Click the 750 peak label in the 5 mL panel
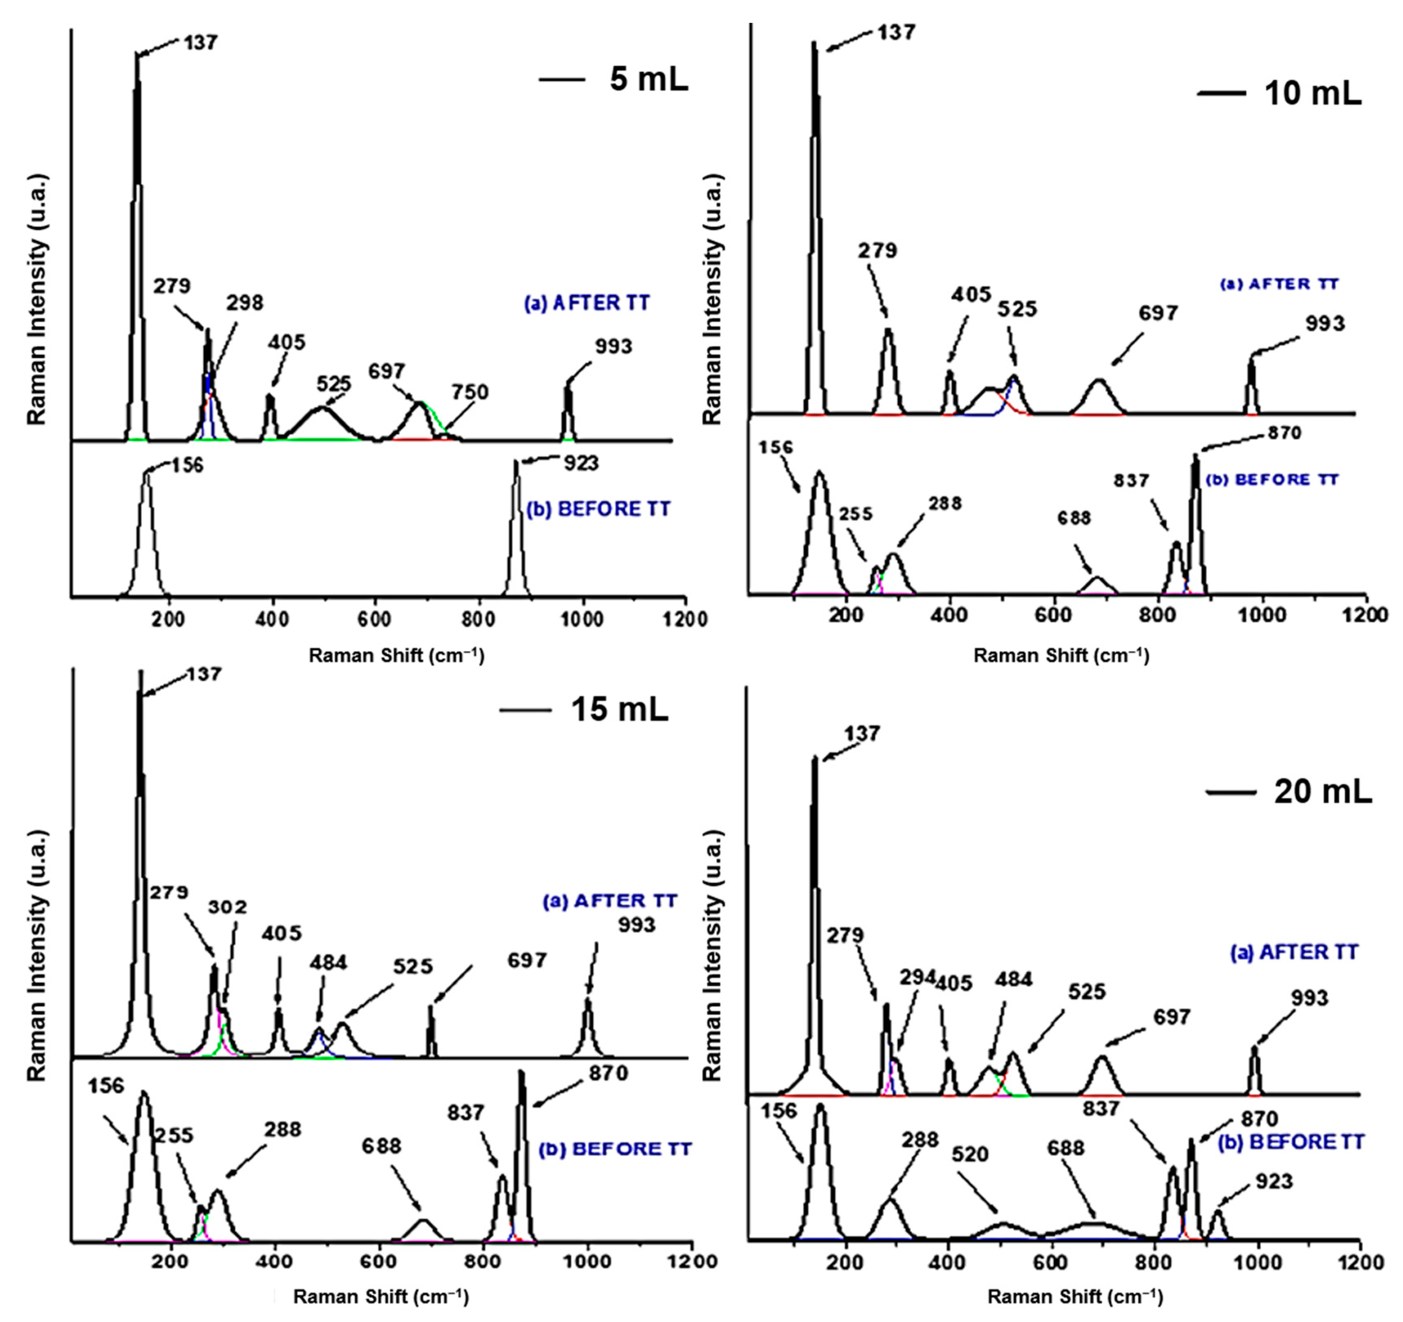(x=470, y=392)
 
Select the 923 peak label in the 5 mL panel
(x=581, y=464)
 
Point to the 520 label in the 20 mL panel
(x=970, y=1155)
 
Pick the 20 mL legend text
(x=1322, y=792)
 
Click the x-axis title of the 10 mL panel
(x=1061, y=656)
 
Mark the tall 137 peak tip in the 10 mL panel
(x=813, y=42)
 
